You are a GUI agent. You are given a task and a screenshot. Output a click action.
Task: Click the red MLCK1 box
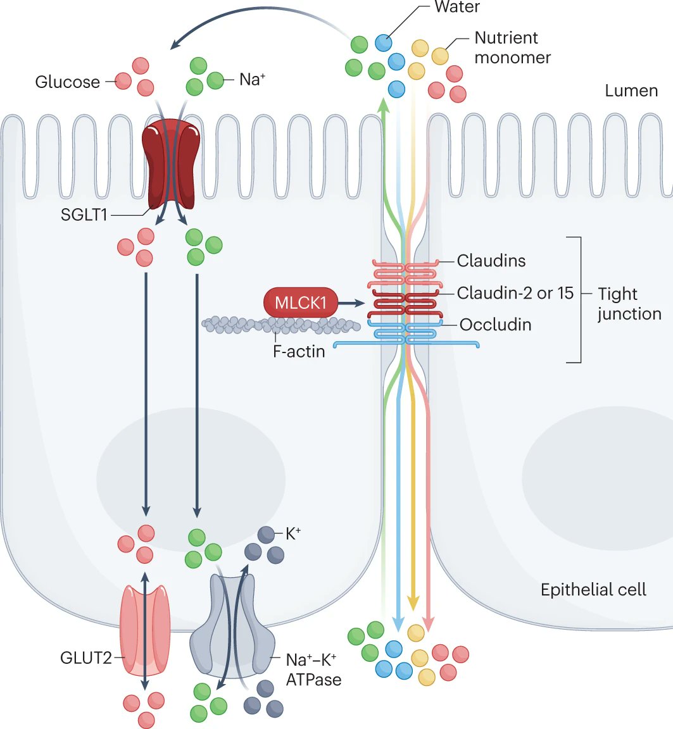(300, 304)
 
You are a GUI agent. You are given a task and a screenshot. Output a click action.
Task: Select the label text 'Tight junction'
(629, 304)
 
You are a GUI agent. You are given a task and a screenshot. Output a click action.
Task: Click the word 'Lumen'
(631, 90)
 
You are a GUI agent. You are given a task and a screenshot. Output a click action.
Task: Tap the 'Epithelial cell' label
(593, 590)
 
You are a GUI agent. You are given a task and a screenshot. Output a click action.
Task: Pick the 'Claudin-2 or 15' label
(515, 293)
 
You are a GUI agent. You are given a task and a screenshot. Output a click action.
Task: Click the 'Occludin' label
(495, 325)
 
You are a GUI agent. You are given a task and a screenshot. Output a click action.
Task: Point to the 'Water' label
(457, 8)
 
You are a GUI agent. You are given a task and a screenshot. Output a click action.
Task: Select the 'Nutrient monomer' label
(512, 47)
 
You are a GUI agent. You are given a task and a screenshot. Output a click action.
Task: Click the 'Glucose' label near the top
(68, 82)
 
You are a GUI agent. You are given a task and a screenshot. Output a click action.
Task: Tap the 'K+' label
(292, 534)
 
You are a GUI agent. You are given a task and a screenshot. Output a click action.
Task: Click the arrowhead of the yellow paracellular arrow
(413, 604)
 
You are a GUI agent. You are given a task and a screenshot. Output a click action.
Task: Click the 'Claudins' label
(491, 260)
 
